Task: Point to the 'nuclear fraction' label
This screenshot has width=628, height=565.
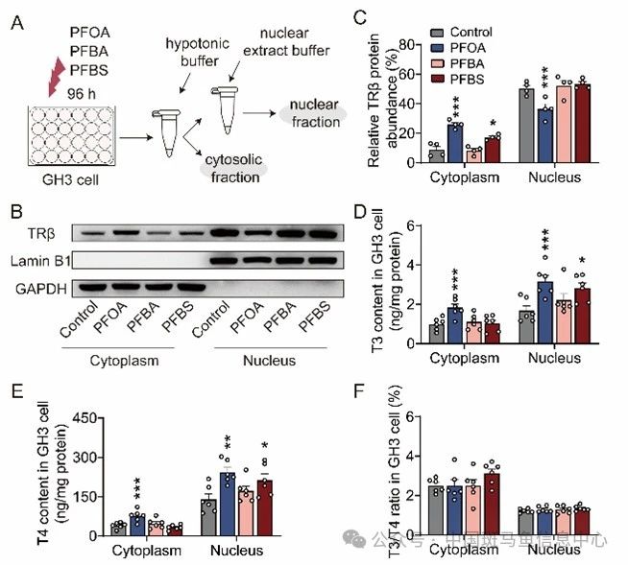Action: coord(312,113)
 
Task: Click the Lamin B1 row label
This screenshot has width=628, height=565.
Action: coord(38,258)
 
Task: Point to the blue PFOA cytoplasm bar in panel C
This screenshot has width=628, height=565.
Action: coord(454,143)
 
